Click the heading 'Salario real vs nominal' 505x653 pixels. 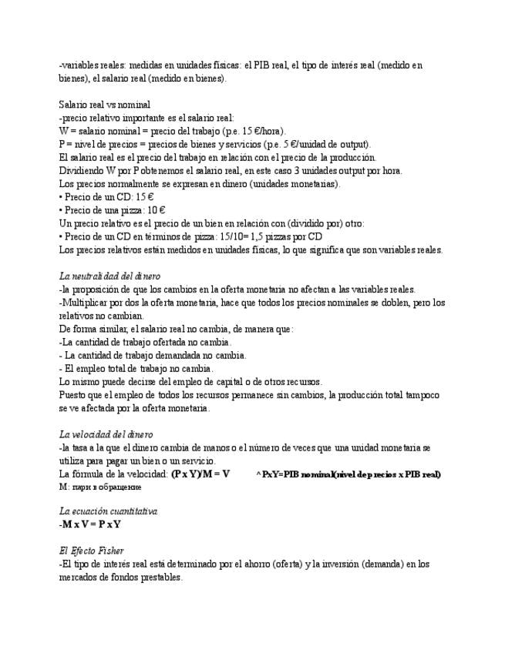tap(104, 105)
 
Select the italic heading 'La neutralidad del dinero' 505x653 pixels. tap(109, 276)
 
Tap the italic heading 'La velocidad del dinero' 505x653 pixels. tap(106, 434)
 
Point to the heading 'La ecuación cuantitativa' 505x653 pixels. tap(108, 511)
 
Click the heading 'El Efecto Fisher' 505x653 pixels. tap(92, 551)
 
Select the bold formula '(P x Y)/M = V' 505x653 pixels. tap(200, 474)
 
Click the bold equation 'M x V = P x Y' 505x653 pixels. tap(89, 524)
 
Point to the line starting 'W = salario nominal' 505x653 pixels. tap(171, 131)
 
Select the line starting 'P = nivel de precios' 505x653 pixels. tap(214, 144)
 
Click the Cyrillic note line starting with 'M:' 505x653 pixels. tap(99, 487)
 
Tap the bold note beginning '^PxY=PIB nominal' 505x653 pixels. tap(348, 474)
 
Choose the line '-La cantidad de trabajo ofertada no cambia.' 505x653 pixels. tap(145, 342)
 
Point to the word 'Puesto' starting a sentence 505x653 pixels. tap(72, 395)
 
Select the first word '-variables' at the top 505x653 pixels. tap(79, 65)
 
